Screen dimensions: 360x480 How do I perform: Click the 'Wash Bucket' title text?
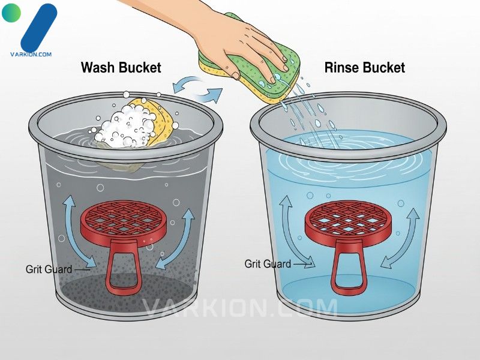click(x=121, y=67)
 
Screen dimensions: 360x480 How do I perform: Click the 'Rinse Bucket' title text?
click(x=364, y=67)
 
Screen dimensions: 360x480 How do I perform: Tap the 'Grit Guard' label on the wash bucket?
click(x=49, y=269)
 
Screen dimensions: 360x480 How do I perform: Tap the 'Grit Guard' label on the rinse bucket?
click(x=268, y=263)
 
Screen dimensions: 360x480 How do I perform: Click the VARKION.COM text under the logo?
click(x=31, y=54)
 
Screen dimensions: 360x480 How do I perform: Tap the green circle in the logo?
click(x=11, y=13)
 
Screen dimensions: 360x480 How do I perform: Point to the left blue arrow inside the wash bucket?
click(x=77, y=233)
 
